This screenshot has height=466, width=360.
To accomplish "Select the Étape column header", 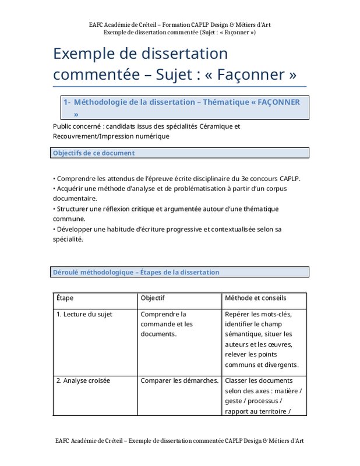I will pos(65,298).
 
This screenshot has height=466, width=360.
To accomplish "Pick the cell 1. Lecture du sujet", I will pos(84,314).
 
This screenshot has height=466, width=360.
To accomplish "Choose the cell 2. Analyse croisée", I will pos(83,381).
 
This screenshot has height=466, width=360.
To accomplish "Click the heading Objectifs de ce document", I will pos(94,153).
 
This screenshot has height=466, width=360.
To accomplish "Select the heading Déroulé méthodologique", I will pos(93,272).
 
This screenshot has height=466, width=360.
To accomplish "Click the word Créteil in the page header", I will pos(151,25).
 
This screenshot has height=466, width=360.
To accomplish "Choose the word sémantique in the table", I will pos(246,334).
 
